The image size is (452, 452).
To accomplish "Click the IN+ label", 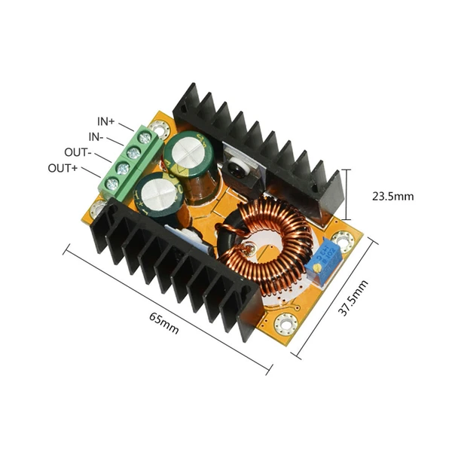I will pos(105,121).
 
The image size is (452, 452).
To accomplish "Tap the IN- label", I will pos(96,136).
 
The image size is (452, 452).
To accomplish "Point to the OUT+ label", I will pos(63,167).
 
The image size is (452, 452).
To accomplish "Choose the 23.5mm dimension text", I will pos(393,197).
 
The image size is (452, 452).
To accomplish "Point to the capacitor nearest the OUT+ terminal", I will pos(160,193).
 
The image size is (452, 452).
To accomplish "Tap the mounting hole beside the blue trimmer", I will pos(344,241).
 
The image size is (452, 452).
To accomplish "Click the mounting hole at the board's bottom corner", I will pos(286,324).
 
